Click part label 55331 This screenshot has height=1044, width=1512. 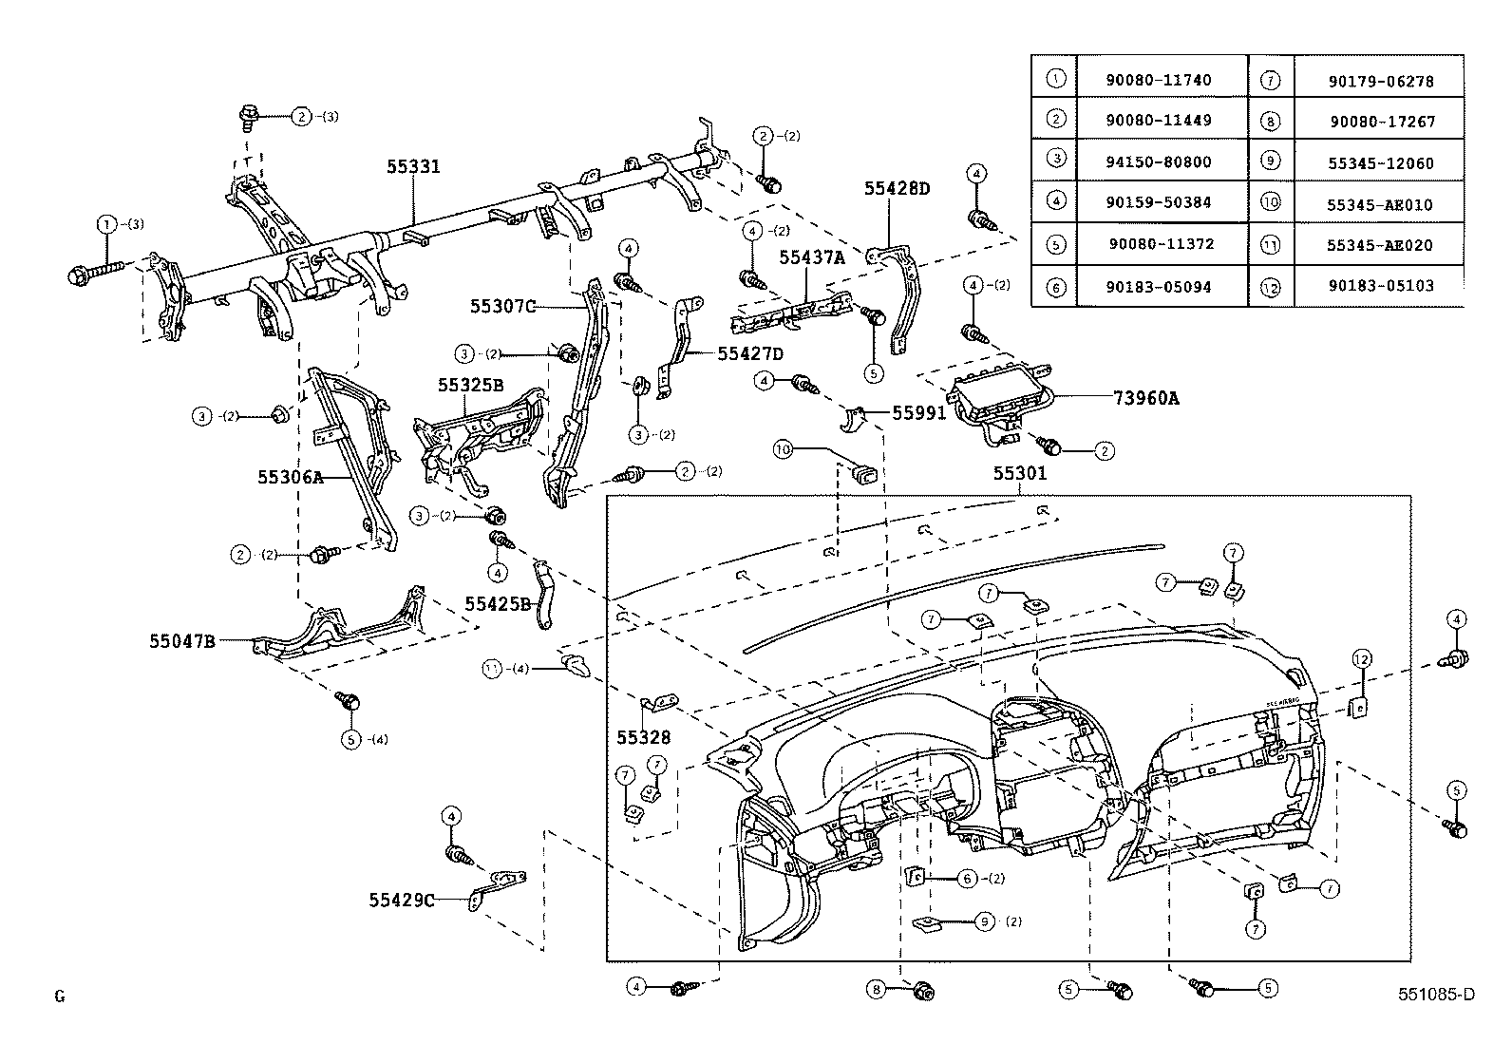413,167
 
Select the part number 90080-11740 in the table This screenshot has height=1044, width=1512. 1158,81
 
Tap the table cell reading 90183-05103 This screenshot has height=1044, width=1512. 1380,285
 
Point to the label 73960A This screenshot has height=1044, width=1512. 1146,399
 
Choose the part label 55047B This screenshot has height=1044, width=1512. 182,641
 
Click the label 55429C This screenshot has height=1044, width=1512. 402,900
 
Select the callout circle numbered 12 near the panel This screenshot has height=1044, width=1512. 1362,658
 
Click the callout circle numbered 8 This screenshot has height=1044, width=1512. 876,990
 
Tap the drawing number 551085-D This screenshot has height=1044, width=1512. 1436,995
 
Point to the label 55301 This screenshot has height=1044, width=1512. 1020,473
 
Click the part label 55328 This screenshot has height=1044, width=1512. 643,737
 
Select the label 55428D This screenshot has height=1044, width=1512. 897,189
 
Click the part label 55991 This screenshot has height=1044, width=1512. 918,413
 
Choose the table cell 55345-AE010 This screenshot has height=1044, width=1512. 1380,205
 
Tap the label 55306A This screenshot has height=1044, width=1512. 290,477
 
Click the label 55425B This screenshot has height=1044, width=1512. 497,603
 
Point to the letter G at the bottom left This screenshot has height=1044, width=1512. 60,997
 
